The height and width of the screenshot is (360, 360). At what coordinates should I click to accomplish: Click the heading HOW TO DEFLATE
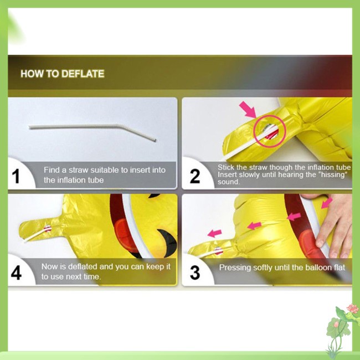[x=63, y=74]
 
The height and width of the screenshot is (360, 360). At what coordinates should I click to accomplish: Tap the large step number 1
[x=16, y=176]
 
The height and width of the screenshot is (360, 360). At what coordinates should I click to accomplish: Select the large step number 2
[x=195, y=176]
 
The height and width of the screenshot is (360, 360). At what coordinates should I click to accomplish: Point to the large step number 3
[x=195, y=272]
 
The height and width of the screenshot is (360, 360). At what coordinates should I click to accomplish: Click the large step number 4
[x=16, y=272]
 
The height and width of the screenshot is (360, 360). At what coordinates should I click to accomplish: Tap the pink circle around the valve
[x=270, y=131]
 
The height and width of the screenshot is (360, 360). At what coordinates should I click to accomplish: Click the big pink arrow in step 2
[x=248, y=110]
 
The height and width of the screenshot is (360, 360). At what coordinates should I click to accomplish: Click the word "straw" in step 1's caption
[x=79, y=170]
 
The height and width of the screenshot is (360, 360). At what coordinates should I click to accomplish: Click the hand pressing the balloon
[x=335, y=225]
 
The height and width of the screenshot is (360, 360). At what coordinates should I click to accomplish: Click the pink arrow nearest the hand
[x=327, y=203]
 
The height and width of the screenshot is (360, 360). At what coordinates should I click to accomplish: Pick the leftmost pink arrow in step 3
[x=214, y=233]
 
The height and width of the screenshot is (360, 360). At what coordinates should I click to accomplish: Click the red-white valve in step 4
[x=48, y=228]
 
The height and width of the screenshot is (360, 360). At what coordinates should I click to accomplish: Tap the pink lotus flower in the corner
[x=353, y=308]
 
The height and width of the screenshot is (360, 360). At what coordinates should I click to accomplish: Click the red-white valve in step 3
[x=218, y=251]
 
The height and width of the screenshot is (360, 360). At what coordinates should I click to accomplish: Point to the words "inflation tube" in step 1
[x=74, y=180]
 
